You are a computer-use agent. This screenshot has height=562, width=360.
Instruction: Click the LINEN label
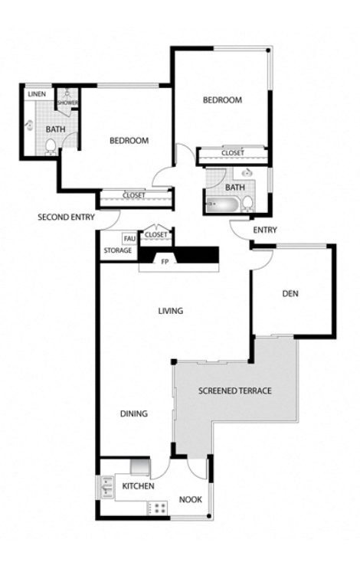[37, 94]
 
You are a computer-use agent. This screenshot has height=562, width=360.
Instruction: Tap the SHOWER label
[67, 103]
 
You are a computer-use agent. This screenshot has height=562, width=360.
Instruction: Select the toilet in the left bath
[51, 147]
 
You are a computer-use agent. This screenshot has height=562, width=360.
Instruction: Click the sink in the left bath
[29, 126]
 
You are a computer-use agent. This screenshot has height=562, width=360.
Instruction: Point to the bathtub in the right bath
[222, 204]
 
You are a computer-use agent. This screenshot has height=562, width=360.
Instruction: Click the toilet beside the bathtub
[247, 203]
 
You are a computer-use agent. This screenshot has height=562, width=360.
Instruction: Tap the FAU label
[129, 239]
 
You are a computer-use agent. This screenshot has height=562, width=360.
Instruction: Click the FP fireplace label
[165, 262]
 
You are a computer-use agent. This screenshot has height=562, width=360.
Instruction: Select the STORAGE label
[118, 250]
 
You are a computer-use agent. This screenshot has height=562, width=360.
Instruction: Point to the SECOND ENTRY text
[67, 217]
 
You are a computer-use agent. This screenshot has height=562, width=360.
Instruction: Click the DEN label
[290, 293]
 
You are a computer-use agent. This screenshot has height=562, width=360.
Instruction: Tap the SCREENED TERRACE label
[235, 390]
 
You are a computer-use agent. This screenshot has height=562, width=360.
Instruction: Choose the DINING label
[134, 413]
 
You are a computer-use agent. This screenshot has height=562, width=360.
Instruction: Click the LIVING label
[171, 311]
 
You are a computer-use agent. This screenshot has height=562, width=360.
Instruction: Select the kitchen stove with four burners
[158, 508]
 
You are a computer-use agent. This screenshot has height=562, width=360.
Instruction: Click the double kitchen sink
[107, 487]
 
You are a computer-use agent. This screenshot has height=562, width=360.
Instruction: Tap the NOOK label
[191, 499]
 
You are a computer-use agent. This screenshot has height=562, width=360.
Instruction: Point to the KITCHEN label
[139, 486]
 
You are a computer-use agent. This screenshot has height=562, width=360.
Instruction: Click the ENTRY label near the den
[265, 230]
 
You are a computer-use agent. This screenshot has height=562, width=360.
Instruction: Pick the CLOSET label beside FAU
[156, 235]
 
